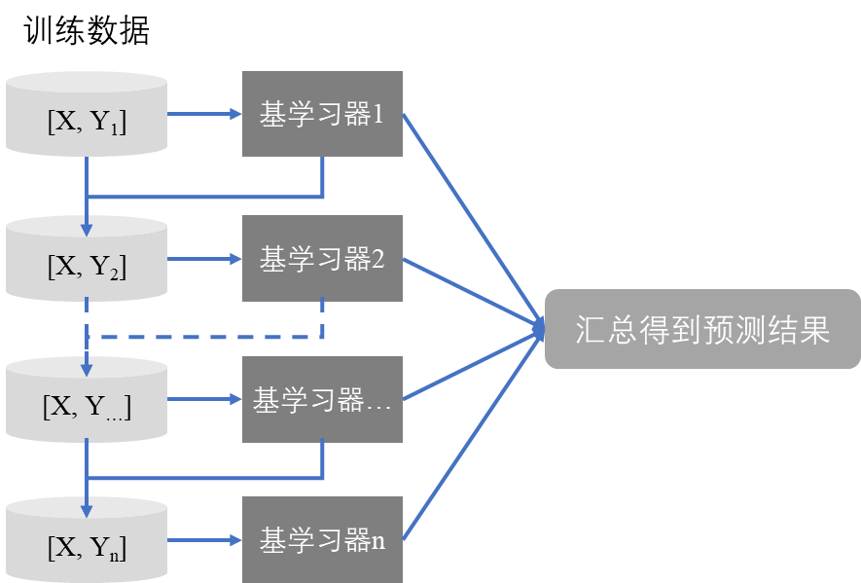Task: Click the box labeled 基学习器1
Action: click(322, 114)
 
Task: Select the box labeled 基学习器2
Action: click(322, 259)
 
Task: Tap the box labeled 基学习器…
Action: click(322, 400)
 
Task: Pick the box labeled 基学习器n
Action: click(322, 540)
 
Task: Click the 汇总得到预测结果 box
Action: click(701, 329)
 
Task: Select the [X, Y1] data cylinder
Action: click(87, 115)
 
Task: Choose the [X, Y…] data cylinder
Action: click(87, 400)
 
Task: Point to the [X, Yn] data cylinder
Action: click(87, 542)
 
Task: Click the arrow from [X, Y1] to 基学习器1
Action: click(204, 114)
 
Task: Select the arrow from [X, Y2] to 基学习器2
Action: click(204, 259)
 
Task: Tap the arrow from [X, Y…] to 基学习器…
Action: click(204, 400)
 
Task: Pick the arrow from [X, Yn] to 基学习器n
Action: click(204, 540)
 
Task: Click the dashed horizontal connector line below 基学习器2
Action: click(204, 338)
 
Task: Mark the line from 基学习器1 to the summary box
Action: click(472, 219)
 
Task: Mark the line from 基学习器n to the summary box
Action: click(472, 435)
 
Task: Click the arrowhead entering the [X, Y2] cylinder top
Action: click(87, 229)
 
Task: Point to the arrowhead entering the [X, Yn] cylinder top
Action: click(87, 512)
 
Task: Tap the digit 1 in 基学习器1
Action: click(378, 115)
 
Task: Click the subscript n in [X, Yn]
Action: click(115, 557)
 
